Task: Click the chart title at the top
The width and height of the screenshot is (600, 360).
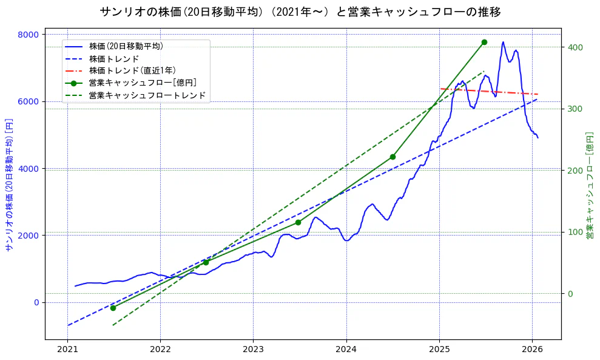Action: [x=300, y=12]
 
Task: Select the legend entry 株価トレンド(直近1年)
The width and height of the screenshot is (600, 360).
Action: [x=132, y=71]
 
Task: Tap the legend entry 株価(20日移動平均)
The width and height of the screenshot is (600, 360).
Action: [x=126, y=46]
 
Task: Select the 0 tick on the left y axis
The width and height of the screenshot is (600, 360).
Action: [x=36, y=302]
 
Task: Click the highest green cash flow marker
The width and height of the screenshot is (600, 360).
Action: [x=484, y=42]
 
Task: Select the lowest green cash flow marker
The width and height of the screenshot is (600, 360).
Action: [x=113, y=308]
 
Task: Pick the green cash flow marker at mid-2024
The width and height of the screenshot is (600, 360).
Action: [x=393, y=157]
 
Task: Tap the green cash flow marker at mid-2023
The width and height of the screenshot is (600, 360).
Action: [x=298, y=222]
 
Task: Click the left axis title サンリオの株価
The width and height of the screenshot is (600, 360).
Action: [x=9, y=185]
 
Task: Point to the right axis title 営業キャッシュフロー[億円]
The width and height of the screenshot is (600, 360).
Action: [x=589, y=185]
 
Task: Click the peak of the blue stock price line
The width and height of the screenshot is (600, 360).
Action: [x=503, y=42]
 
